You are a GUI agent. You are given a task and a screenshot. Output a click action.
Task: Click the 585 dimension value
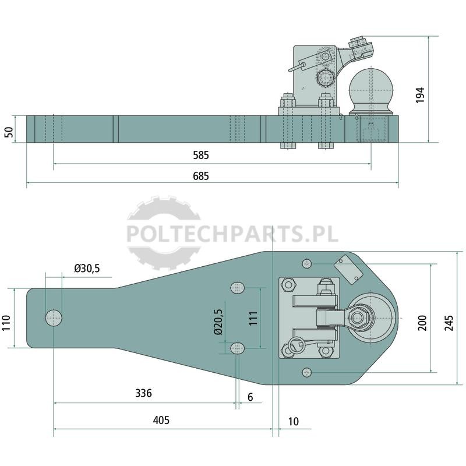coord(201,155)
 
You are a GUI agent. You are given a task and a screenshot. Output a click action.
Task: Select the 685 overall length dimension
coord(201,176)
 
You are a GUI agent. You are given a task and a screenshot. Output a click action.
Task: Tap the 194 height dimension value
coord(420,95)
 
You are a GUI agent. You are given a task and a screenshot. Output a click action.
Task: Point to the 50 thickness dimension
coord(9,132)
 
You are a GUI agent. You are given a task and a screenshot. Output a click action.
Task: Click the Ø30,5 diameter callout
coord(87,269)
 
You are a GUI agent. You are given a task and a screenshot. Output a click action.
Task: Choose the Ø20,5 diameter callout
coord(218,322)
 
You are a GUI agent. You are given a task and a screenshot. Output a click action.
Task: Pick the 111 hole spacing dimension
coord(253,318)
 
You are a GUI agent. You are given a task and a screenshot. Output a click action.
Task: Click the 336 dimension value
coord(143,393)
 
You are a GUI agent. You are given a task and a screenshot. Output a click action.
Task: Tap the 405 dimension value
coord(161,420)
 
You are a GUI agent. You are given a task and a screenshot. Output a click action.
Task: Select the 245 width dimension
coord(449,323)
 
